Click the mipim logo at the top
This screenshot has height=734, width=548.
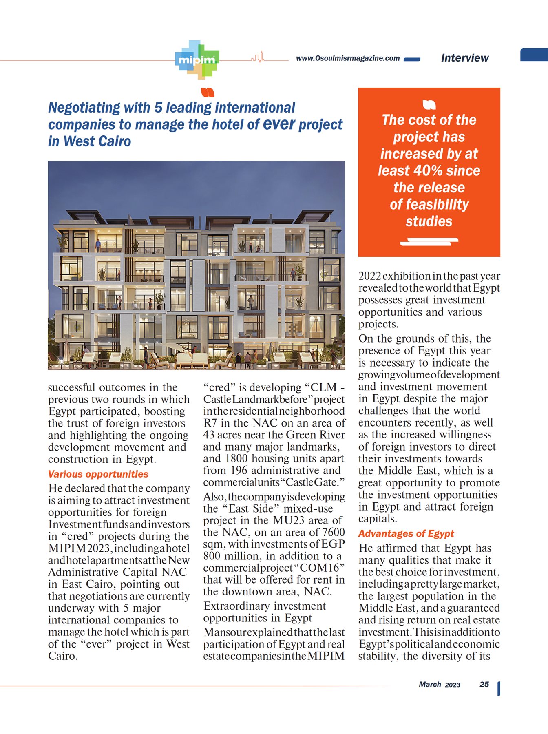pyautogui.click(x=197, y=60)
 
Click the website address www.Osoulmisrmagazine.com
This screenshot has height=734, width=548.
pyautogui.click(x=347, y=58)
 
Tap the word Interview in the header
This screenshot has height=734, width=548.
pyautogui.click(x=464, y=58)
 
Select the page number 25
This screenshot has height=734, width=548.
pyautogui.click(x=484, y=684)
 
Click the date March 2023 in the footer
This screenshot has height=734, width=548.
pyautogui.click(x=439, y=685)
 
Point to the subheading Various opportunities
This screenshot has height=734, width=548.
pyautogui.click(x=98, y=474)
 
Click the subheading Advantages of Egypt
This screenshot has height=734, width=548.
pyautogui.click(x=406, y=533)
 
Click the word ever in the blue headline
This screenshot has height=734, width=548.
pyautogui.click(x=279, y=124)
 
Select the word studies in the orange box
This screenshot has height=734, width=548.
pyautogui.click(x=429, y=221)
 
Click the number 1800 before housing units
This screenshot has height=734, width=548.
pyautogui.click(x=236, y=458)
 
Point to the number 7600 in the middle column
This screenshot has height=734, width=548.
pyautogui.click(x=333, y=532)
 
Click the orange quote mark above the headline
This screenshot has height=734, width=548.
pyautogui.click(x=208, y=93)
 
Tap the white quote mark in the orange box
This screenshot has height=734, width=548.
pyautogui.click(x=429, y=105)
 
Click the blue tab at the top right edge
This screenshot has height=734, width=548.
pyautogui.click(x=534, y=55)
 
